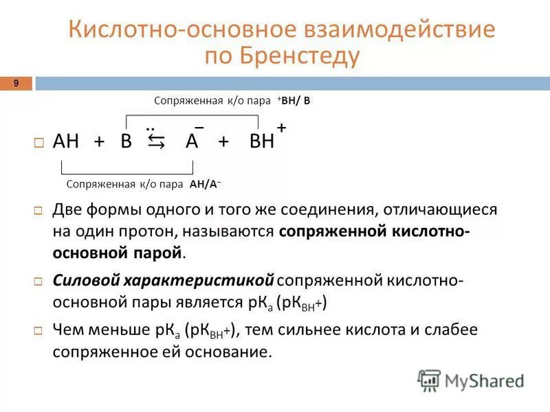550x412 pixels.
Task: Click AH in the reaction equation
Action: pos(67,142)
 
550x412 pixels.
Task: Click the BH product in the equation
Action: pos(262,142)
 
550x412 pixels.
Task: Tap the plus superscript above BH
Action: pos(281,128)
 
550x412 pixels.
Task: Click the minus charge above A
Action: pos(199,128)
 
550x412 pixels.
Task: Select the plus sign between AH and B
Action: pos(100,142)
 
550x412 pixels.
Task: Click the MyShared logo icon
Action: pos(430,380)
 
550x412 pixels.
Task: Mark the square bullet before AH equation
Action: pos(38,143)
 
